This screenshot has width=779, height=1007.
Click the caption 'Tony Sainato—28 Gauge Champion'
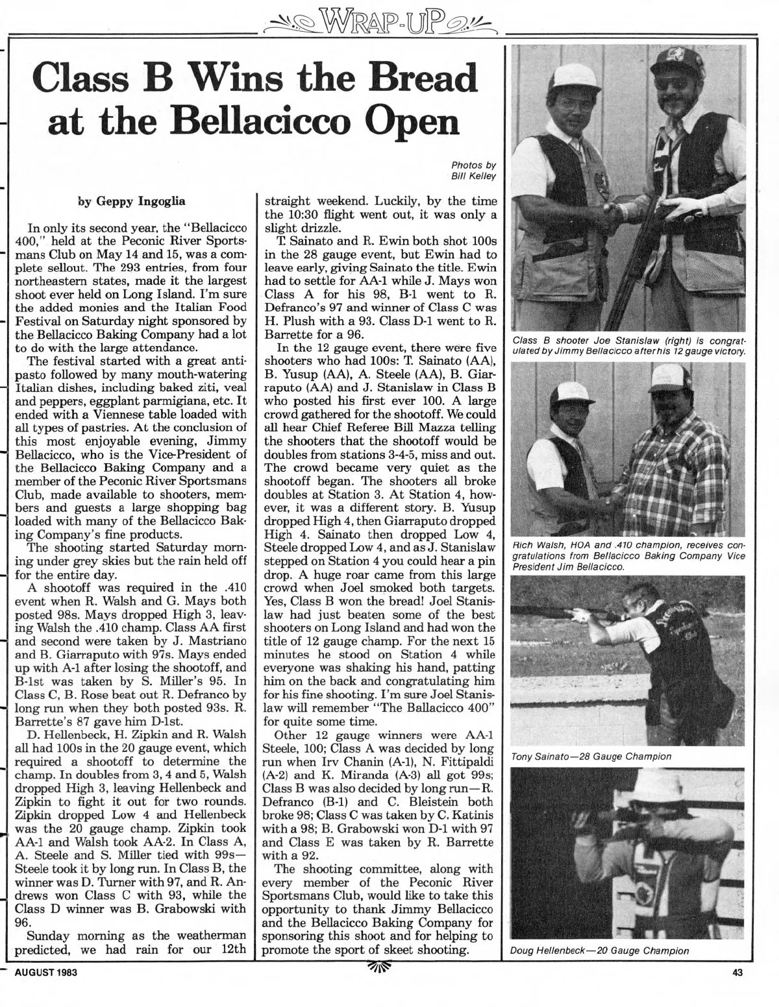(590, 757)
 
